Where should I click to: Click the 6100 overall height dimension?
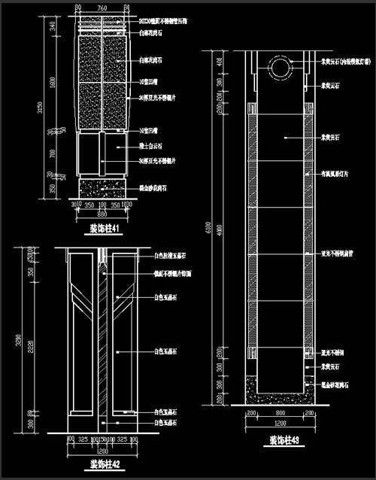click(217, 226)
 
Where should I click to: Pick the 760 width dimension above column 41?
click(102, 7)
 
